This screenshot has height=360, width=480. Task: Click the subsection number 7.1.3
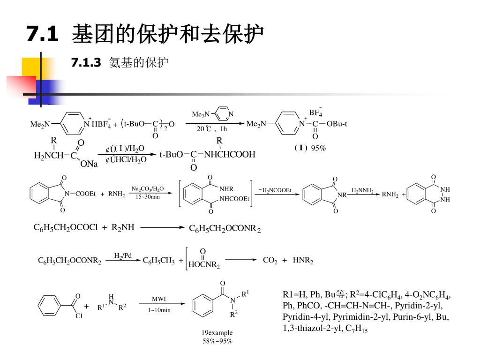(x=86, y=62)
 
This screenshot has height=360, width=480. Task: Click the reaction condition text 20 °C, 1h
(x=212, y=129)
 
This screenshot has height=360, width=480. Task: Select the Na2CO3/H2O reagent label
(x=148, y=188)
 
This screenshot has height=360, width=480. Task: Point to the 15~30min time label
(x=148, y=197)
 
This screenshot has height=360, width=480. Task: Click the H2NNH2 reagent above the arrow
(x=363, y=190)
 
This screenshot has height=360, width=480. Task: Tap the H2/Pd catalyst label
(x=123, y=255)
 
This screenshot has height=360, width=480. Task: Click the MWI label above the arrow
(x=159, y=299)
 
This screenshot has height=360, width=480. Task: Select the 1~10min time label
(x=159, y=310)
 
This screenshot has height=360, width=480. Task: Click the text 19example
(x=217, y=333)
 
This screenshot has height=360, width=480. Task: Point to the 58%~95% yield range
(x=217, y=341)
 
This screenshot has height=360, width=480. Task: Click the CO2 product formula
(x=270, y=260)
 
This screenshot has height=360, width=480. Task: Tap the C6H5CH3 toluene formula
(x=158, y=261)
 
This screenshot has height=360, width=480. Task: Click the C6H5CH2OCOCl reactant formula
(x=66, y=228)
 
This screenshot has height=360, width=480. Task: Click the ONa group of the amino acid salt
(x=89, y=164)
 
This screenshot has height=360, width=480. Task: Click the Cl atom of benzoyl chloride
(x=79, y=316)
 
